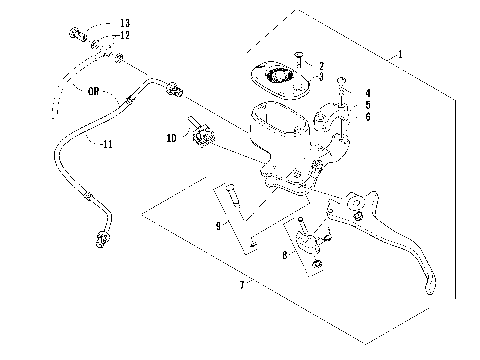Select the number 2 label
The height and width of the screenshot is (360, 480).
321,65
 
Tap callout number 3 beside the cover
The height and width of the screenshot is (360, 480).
321,76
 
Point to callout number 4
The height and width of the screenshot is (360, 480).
367,93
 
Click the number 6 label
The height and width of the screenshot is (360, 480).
367,116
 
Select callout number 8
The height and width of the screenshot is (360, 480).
284,256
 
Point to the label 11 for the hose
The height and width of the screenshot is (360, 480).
104,143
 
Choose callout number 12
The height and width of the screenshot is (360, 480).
124,35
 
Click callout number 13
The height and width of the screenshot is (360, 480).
124,22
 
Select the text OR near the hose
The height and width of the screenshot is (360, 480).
92,90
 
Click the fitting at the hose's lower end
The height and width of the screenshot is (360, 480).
100,239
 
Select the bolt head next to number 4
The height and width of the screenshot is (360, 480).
343,82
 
